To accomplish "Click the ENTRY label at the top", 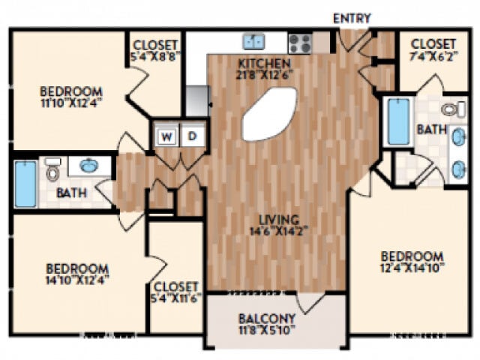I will click(x=351, y=18).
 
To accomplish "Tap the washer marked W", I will click(x=167, y=136).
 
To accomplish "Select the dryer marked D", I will click(x=192, y=136).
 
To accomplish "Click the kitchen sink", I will click(x=253, y=41).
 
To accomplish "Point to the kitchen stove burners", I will click(x=299, y=42).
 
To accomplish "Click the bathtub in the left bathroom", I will click(x=25, y=182).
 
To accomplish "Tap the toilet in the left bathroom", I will click(x=53, y=169).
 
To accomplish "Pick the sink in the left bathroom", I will click(x=88, y=165).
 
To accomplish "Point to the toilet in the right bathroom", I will click(x=449, y=110).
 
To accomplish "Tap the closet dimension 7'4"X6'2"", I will click(x=432, y=55).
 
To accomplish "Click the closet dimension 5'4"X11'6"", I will click(x=175, y=298).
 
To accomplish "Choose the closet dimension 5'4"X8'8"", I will click(x=156, y=56).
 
